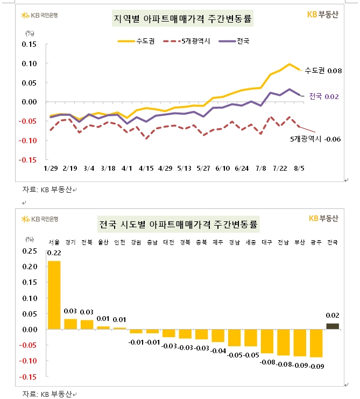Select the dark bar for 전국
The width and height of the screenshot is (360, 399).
[333, 326]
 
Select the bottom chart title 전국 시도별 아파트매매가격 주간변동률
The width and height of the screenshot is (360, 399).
[178, 223]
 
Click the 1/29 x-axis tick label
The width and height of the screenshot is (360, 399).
[51, 168]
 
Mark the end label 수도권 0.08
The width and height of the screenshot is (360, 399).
[323, 71]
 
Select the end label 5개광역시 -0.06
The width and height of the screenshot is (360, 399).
[315, 139]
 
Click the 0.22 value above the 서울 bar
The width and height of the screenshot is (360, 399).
[54, 253]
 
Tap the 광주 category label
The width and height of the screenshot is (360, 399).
[316, 242]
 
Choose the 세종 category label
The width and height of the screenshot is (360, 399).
[250, 242]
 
